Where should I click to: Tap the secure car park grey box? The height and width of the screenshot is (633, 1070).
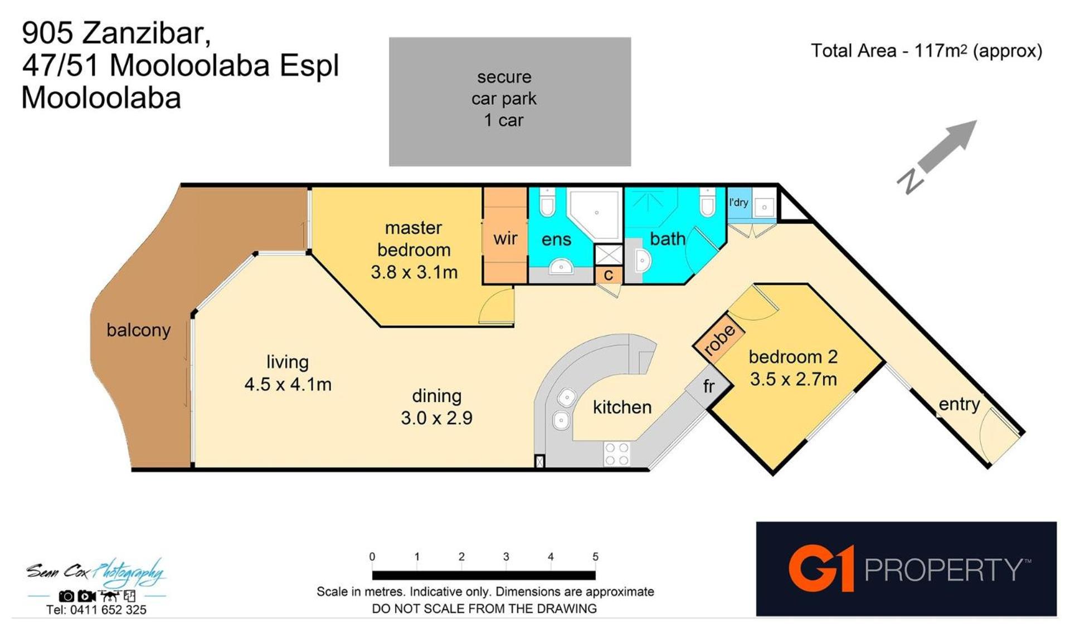click(510, 101)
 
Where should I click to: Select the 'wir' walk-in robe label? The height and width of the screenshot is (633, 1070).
click(505, 238)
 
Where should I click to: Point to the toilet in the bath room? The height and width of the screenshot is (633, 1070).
click(708, 202)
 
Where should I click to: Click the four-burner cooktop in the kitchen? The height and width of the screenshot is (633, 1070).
click(617, 453)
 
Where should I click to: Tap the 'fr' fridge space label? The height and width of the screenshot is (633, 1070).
click(708, 385)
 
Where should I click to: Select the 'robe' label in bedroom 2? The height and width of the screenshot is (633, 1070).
click(719, 339)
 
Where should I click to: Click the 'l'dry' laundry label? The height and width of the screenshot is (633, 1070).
click(738, 202)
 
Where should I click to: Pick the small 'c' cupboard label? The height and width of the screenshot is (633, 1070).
click(608, 275)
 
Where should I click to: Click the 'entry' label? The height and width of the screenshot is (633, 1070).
click(959, 404)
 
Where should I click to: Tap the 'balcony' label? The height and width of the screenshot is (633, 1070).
click(139, 330)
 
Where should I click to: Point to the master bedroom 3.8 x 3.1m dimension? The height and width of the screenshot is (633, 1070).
click(414, 272)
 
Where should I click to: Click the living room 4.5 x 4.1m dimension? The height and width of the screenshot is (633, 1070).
click(288, 384)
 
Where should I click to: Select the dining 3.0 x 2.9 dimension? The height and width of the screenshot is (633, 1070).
click(436, 418)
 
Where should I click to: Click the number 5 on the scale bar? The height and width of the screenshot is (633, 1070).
click(595, 557)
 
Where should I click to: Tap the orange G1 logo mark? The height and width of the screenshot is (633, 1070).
click(821, 568)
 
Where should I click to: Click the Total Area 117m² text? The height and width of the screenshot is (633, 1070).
click(926, 51)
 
